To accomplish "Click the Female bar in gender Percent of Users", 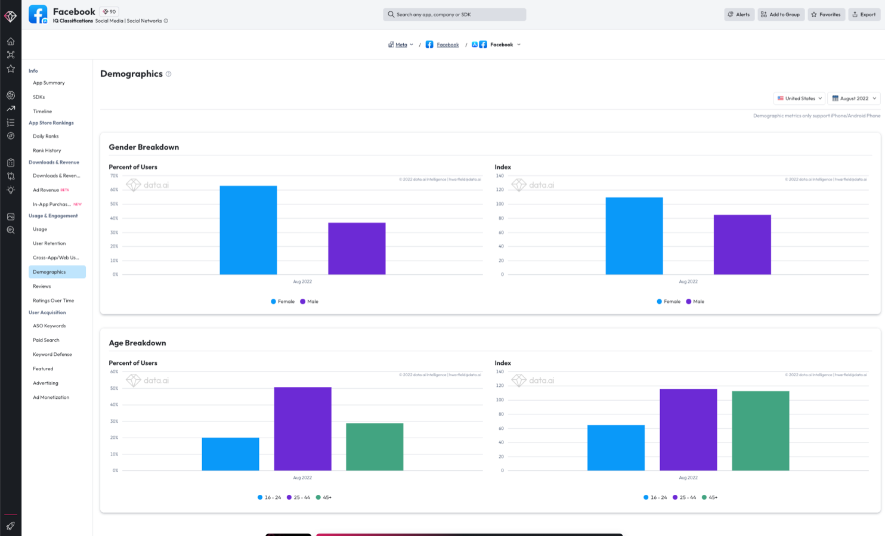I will tap(248, 230).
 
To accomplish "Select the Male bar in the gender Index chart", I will tap(742, 244).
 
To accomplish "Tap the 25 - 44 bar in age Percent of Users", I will tap(302, 429).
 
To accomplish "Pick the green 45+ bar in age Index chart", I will tap(760, 430).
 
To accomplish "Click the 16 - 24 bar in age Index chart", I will tap(615, 448).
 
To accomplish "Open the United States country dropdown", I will tap(799, 98).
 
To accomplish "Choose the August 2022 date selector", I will tap(854, 98).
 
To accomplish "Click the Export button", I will tap(864, 14).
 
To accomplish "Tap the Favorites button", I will tap(826, 14).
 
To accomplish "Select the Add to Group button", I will tap(781, 14).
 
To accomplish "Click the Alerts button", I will tap(739, 14).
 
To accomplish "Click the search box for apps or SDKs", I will tap(454, 14).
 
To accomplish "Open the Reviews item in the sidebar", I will tap(42, 286).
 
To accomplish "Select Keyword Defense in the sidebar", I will tap(52, 354).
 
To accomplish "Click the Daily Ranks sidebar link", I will tap(46, 136).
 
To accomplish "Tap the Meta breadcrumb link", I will tap(401, 45).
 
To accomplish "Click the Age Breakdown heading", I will tap(137, 343).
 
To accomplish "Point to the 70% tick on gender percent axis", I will tap(114, 176).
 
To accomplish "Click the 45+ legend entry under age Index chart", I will tap(710, 497).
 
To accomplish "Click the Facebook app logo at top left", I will tap(38, 14).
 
